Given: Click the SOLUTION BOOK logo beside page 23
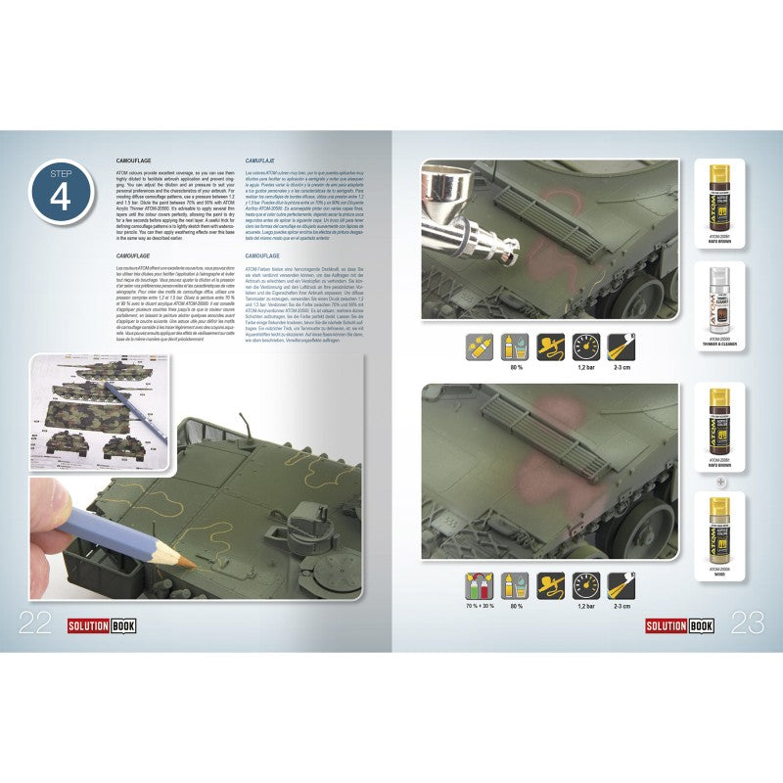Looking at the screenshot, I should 678,625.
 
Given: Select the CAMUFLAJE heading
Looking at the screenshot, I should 258,158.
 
